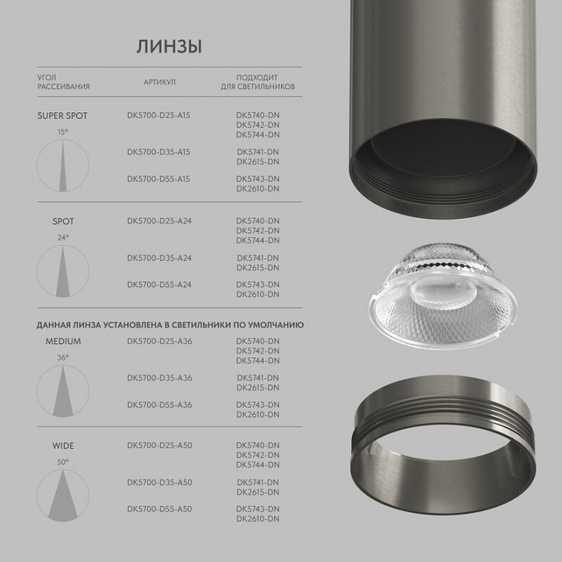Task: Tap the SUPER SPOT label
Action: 62,116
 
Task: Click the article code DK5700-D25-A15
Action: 158,116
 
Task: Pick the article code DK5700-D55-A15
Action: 158,179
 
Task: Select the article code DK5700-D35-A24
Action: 158,258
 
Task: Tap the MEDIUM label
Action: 63,341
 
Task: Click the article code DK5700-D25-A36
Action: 158,341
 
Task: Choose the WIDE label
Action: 63,446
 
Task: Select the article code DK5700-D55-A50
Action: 158,509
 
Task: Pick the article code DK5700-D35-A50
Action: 158,482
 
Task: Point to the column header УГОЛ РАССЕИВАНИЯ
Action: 63,82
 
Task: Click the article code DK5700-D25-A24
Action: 158,221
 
